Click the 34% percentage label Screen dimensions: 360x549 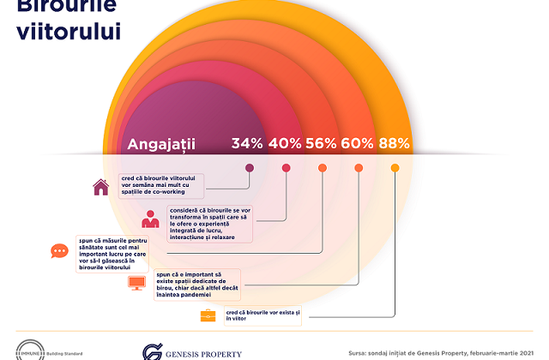(x=246, y=144)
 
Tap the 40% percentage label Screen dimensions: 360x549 (x=284, y=144)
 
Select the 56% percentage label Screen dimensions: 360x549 (x=320, y=144)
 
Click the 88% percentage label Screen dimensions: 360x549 (x=394, y=144)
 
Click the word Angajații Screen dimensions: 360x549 (x=161, y=144)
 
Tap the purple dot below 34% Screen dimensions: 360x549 (x=250, y=168)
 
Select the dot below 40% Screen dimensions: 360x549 (x=286, y=168)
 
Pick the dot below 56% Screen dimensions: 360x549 (x=323, y=168)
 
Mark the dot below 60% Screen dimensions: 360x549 (x=359, y=168)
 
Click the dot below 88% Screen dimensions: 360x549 (x=395, y=168)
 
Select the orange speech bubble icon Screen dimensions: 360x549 (x=59, y=251)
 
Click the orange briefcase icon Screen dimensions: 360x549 (x=208, y=315)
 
